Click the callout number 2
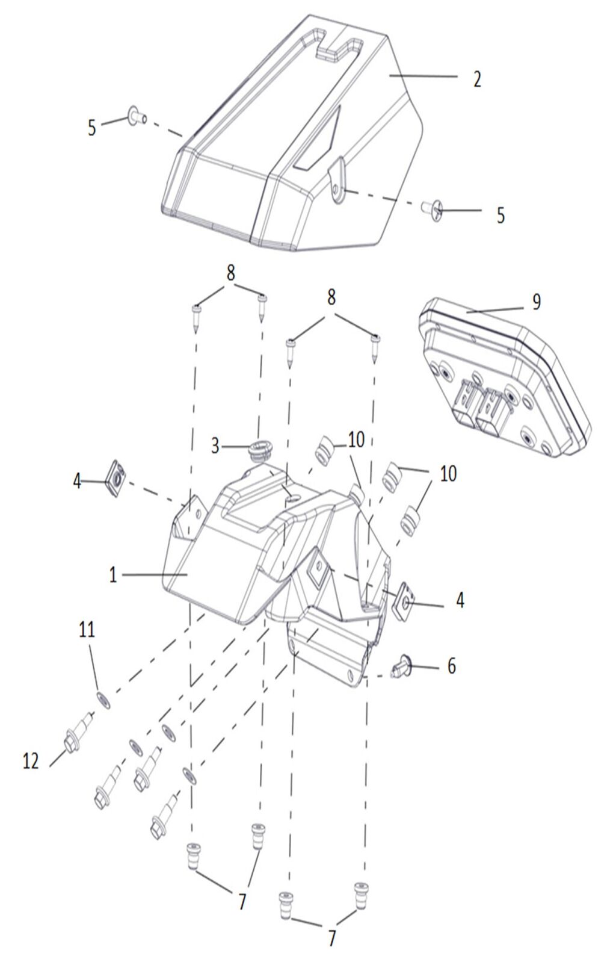[477, 79]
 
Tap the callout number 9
[536, 302]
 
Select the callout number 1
[112, 575]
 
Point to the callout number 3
[215, 447]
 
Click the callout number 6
[451, 666]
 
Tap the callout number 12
[31, 761]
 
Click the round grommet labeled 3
[259, 450]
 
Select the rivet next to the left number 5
[135, 115]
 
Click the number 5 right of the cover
[500, 215]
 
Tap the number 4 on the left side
[77, 482]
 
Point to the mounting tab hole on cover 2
[339, 191]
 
